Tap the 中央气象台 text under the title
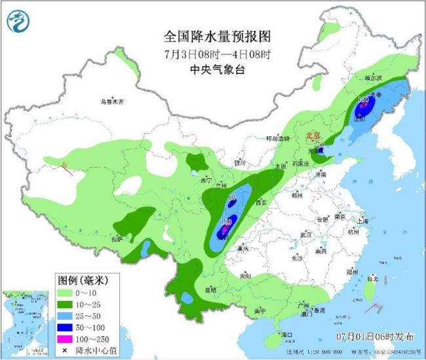216,70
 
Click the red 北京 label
311,136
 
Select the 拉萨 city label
117,239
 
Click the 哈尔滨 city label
372,77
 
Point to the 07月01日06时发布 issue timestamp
374,337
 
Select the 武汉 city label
304,234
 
